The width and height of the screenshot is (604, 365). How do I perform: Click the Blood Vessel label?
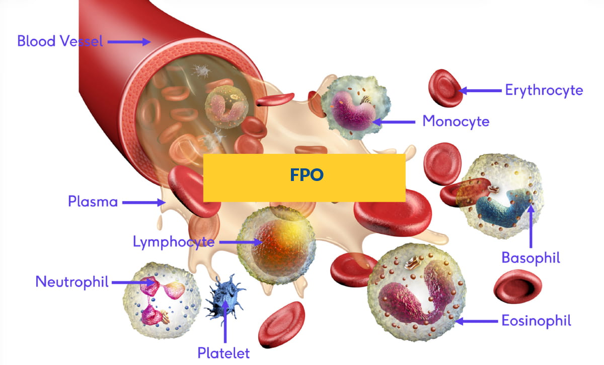pos(60,41)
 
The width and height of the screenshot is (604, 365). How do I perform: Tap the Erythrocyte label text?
pos(544,91)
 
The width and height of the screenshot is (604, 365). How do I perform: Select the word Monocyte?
pos(456,121)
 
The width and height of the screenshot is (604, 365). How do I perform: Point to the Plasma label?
pos(93,202)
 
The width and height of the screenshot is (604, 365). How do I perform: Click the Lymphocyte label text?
pos(174,242)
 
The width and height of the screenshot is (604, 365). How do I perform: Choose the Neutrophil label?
pos(72,282)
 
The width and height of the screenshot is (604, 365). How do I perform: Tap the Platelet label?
pos(223,353)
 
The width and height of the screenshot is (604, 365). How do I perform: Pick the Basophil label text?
pos(531,258)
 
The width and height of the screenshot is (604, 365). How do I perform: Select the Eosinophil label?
pos(536,321)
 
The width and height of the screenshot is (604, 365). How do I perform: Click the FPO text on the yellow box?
pos(307,175)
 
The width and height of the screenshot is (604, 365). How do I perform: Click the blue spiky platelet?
pos(224,298)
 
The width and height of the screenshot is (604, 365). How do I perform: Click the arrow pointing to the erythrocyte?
pos(480,91)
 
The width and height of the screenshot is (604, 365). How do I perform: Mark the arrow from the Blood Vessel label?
pos(129,42)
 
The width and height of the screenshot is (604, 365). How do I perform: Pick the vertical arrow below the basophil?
pos(531,226)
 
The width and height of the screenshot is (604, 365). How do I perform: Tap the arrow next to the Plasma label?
pos(144,202)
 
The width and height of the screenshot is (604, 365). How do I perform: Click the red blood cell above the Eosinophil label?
pos(517,286)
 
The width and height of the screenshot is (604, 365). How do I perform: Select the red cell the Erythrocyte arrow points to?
pos(445,88)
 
